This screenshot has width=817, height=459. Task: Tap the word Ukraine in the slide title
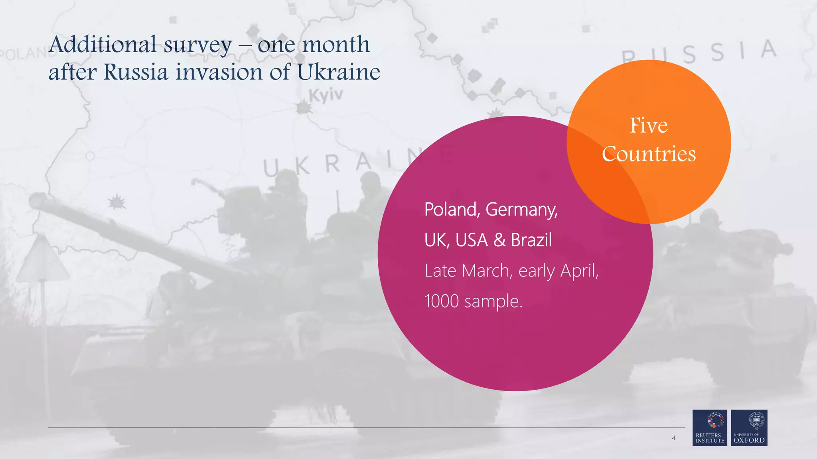tap(338, 72)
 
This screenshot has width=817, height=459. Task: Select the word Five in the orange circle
tap(649, 126)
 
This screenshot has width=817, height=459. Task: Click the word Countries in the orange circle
tap(649, 154)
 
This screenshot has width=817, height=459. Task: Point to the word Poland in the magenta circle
tap(452, 210)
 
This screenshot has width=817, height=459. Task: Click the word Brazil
tap(531, 240)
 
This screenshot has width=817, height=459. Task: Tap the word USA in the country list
tap(472, 240)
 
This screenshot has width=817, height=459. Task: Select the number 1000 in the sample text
tap(442, 301)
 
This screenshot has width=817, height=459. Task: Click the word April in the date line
tap(579, 271)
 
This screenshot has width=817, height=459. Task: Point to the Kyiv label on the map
tap(326, 95)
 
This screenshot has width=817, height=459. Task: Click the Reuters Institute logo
tap(710, 428)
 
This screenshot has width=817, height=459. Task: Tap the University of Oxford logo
tap(749, 428)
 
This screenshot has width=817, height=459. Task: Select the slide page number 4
tap(673, 438)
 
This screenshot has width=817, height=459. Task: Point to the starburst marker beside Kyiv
tap(304, 108)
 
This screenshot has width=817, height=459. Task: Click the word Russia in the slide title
tap(136, 72)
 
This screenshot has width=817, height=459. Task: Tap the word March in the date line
tap(485, 271)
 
